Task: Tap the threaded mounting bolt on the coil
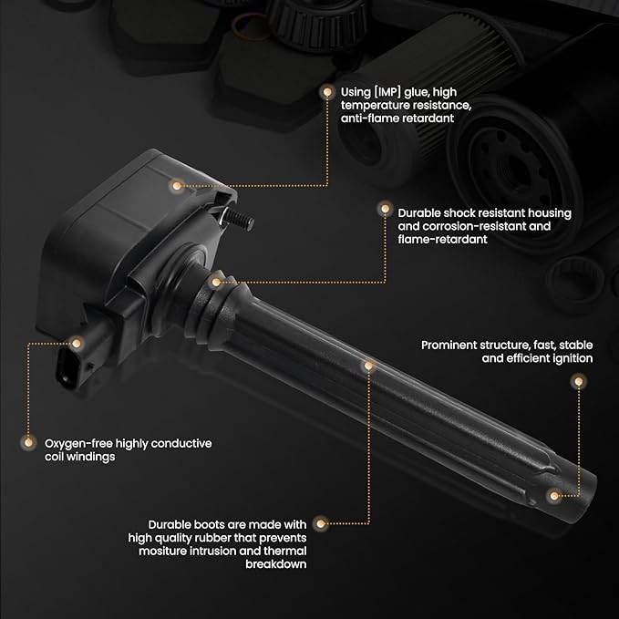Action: (x=237, y=219)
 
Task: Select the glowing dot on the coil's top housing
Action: (x=177, y=185)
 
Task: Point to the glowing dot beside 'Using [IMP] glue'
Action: (x=327, y=92)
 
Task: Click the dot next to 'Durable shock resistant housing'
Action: (x=385, y=208)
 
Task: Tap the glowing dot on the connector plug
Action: (x=77, y=343)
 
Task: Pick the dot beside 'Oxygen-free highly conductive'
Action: (x=28, y=442)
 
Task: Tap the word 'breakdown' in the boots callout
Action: (x=276, y=564)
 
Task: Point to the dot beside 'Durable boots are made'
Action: (x=321, y=524)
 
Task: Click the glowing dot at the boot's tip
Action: (x=554, y=495)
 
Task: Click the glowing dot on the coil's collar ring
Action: (x=216, y=282)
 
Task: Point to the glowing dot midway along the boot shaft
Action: (x=368, y=366)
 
